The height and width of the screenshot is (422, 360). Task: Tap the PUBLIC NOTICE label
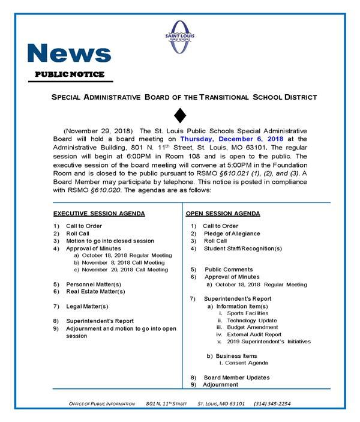point(69,74)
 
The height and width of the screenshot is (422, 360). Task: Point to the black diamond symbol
point(180,115)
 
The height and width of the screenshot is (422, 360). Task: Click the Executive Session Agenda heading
point(99,214)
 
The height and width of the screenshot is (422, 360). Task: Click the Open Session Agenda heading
point(223,214)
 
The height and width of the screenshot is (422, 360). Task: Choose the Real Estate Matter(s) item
point(95,291)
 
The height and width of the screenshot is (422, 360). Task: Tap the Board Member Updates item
point(236,378)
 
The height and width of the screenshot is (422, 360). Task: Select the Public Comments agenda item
point(229,270)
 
